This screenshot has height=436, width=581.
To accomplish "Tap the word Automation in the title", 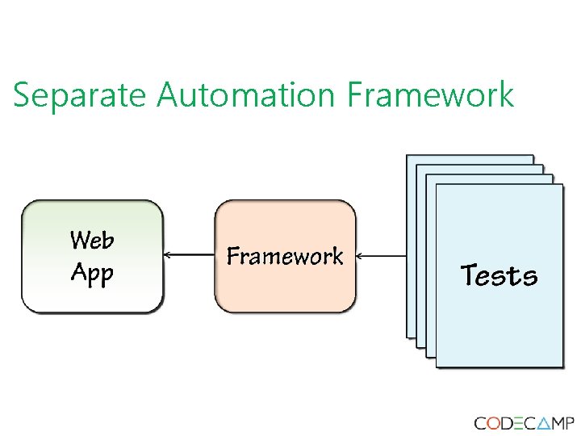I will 245,95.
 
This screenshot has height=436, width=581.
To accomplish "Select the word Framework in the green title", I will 430,95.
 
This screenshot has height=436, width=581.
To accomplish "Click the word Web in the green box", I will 92,240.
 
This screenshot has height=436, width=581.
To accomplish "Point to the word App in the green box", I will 92,274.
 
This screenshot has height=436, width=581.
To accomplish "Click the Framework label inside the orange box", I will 285,257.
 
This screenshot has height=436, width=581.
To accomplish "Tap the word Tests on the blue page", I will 499,276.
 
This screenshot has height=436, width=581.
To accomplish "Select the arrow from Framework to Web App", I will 189,255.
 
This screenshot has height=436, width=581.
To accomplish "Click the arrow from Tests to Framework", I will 381,256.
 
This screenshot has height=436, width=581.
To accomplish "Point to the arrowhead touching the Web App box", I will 168,255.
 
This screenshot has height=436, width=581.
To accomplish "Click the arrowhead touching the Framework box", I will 360,256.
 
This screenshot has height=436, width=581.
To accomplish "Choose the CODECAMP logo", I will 524,423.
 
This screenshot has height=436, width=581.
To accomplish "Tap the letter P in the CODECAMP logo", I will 569,423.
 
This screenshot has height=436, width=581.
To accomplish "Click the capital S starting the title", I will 22,95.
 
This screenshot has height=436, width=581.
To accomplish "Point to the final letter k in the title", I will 505,95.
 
